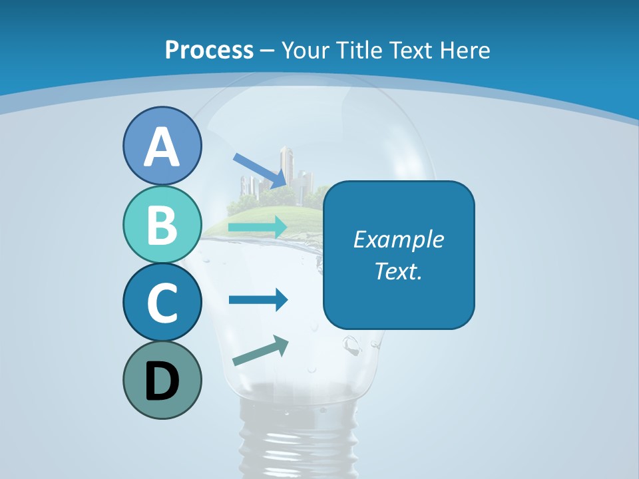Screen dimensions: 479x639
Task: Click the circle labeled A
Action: pyautogui.click(x=162, y=146)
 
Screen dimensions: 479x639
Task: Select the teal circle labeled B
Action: pyautogui.click(x=162, y=224)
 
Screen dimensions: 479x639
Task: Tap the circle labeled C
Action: pyautogui.click(x=162, y=302)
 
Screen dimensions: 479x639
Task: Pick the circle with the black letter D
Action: pyautogui.click(x=162, y=380)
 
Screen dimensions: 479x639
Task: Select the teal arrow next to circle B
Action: pyautogui.click(x=258, y=228)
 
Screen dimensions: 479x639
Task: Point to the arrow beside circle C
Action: pyautogui.click(x=258, y=300)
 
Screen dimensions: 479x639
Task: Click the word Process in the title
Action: pyautogui.click(x=209, y=50)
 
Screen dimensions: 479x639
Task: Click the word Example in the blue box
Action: pyautogui.click(x=399, y=239)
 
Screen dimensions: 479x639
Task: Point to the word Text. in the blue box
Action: pyautogui.click(x=399, y=271)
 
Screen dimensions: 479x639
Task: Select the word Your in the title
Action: pyautogui.click(x=303, y=50)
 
